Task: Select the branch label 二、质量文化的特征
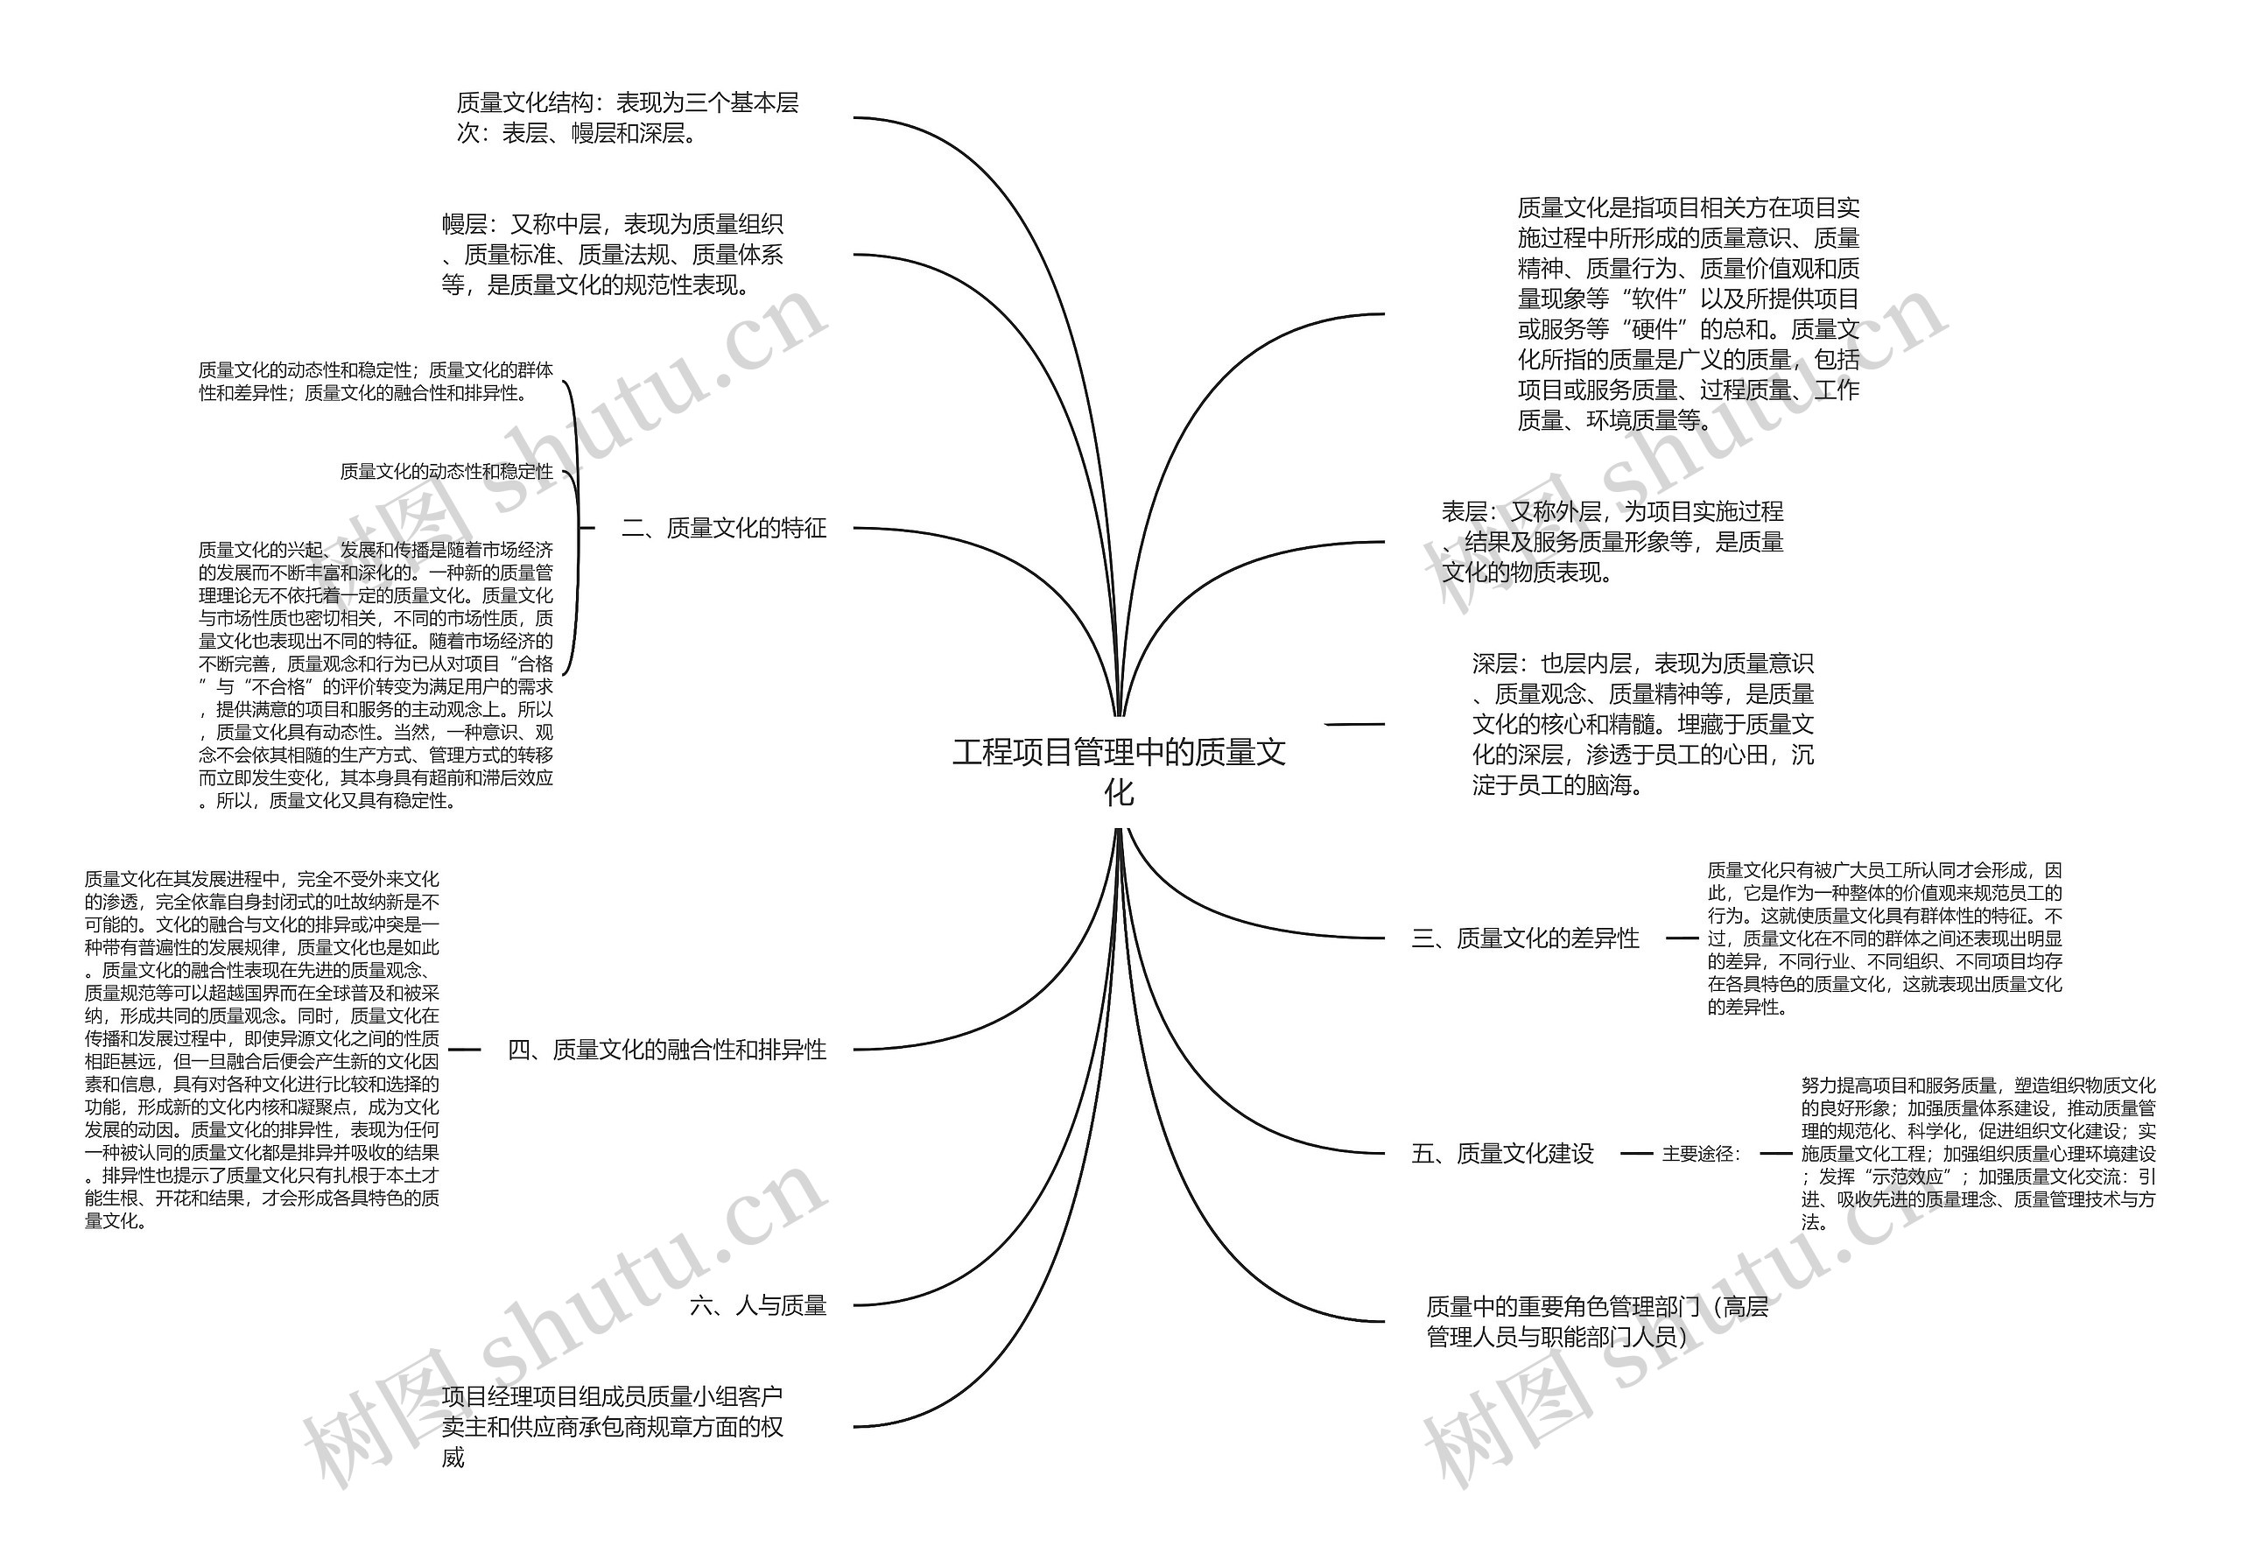click(723, 528)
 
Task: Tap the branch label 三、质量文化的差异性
click(1525, 938)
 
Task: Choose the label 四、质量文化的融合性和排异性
click(667, 1050)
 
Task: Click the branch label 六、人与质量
click(757, 1305)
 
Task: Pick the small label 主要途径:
click(1701, 1154)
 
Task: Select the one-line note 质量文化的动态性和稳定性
click(446, 472)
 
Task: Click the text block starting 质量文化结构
click(628, 117)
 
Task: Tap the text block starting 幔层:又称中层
click(612, 255)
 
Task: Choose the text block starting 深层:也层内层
click(1643, 724)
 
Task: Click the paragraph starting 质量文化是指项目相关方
click(1688, 313)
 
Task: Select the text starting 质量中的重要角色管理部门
click(1597, 1321)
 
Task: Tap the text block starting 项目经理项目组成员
click(612, 1426)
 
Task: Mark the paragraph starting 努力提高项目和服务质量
click(1978, 1153)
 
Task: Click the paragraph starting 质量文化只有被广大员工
click(1884, 938)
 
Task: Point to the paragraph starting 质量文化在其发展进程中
click(262, 1050)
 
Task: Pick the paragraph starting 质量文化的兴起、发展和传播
click(376, 675)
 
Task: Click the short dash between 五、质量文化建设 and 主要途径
click(1636, 1154)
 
